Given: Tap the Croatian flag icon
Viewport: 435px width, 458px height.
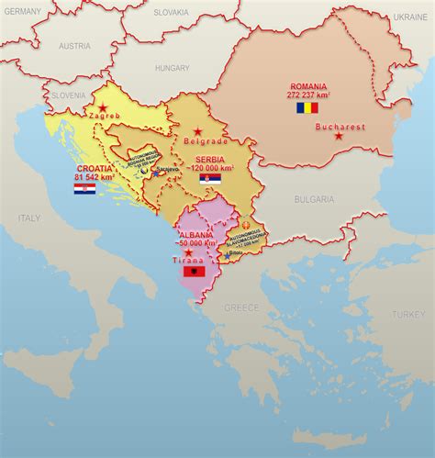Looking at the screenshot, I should coord(85,188).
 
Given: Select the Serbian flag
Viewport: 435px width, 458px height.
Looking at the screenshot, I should coord(210,180).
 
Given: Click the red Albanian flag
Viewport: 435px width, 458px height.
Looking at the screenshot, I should coord(194,272).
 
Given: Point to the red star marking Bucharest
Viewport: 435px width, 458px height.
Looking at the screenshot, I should coord(340,137).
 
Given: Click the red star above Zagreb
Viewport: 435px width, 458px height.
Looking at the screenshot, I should coord(104,108).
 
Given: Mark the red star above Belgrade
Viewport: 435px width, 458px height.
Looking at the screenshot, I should coord(196,132).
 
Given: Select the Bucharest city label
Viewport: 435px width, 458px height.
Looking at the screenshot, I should coord(340,127).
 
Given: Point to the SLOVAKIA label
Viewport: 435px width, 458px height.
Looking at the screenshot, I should coord(170,13).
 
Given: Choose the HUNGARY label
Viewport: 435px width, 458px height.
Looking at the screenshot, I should coord(172,68).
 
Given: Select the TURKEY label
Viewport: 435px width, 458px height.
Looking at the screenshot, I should coord(408,314).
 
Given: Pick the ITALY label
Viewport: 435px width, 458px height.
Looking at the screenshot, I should coord(28,218).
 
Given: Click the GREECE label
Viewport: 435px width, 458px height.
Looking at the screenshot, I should coord(242,307).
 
